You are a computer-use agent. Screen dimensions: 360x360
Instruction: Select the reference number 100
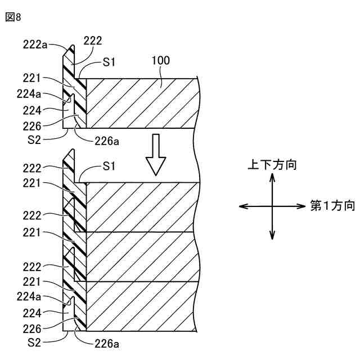161,60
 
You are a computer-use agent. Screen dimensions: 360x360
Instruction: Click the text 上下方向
272,165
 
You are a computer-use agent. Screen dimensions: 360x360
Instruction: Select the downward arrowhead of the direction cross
272,237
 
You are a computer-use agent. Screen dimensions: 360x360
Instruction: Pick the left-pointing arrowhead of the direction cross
242,206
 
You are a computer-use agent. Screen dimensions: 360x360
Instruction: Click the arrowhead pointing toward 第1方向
304,206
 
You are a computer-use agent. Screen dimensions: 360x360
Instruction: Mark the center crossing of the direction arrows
272,206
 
